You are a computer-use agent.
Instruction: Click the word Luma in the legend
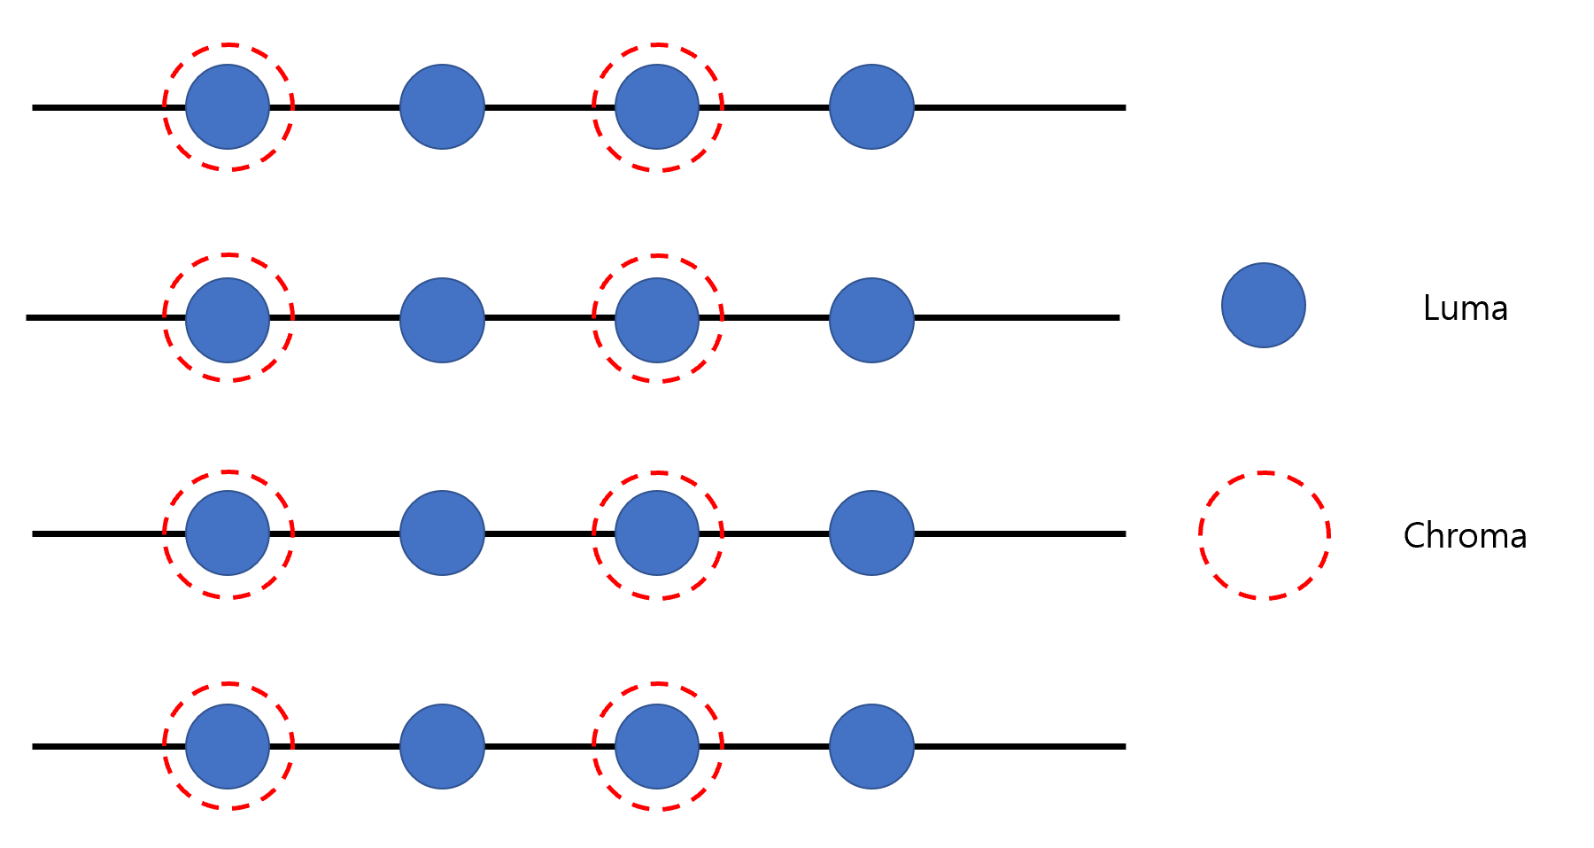(1465, 307)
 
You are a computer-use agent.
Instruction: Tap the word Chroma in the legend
(1465, 535)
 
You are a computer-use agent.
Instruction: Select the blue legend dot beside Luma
(1263, 305)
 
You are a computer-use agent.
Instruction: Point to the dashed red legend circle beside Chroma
(1265, 535)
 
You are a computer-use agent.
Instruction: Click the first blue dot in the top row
(228, 106)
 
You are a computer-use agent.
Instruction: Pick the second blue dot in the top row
(442, 106)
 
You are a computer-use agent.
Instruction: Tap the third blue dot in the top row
(657, 106)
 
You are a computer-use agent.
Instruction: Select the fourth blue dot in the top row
(871, 106)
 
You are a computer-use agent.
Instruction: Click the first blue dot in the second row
(228, 320)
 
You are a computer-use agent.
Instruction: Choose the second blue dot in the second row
(442, 320)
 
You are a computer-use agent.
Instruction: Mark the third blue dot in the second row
(657, 320)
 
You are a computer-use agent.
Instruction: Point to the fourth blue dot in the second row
(871, 320)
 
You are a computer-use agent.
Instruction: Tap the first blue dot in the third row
(228, 533)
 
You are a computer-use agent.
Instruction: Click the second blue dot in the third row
(442, 533)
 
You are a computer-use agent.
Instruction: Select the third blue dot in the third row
(657, 533)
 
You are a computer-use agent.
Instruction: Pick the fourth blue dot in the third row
(871, 533)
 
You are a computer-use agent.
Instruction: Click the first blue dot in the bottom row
(228, 746)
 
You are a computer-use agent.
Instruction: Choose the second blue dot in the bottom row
(442, 746)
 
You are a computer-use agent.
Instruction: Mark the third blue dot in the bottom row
(657, 746)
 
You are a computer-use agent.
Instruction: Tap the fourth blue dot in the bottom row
(871, 746)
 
